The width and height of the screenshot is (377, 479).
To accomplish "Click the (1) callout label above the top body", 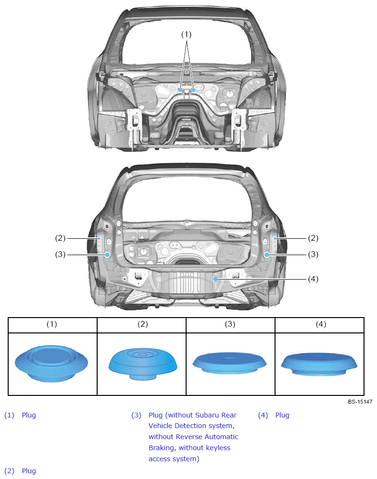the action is pyautogui.click(x=186, y=34).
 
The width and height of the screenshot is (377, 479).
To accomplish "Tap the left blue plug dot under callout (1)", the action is pyautogui.click(x=180, y=90).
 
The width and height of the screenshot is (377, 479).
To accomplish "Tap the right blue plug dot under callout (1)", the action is pyautogui.click(x=193, y=90).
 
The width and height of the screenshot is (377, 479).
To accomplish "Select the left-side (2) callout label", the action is pyautogui.click(x=60, y=238).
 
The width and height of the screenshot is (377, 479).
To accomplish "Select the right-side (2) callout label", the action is pyautogui.click(x=313, y=238).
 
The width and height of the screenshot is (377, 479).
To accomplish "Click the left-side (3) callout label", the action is pyautogui.click(x=60, y=255).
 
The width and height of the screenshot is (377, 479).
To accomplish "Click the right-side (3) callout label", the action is pyautogui.click(x=313, y=255).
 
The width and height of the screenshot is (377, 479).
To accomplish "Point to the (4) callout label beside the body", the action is pyautogui.click(x=313, y=279).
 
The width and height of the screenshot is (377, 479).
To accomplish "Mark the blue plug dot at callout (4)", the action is pyautogui.click(x=215, y=279).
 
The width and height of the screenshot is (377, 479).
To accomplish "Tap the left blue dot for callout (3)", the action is pyautogui.click(x=107, y=255).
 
